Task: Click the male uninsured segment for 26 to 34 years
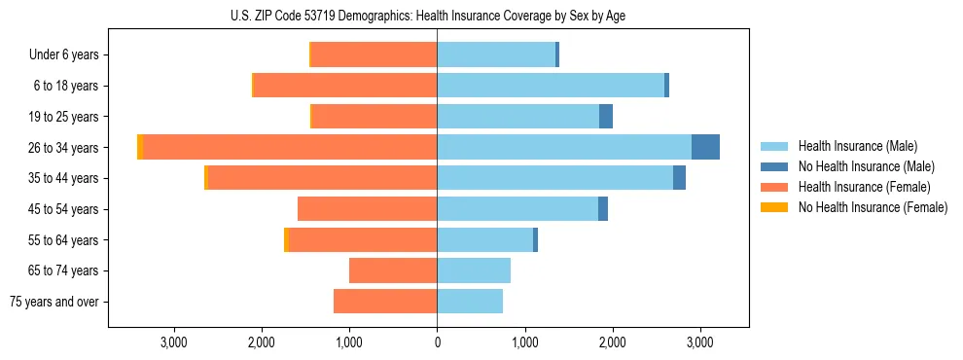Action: [x=705, y=147]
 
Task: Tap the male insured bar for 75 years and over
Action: [x=470, y=302]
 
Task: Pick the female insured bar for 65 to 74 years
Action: [x=393, y=270]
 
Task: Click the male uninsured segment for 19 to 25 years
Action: [x=606, y=117]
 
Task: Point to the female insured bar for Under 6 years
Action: [x=374, y=55]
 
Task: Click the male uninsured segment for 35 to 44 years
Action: [x=679, y=178]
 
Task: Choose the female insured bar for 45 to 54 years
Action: [x=367, y=209]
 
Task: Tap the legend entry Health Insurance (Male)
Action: [x=857, y=146]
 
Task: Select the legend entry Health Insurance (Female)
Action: [x=864, y=187]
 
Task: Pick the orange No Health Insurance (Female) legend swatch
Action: [x=774, y=207]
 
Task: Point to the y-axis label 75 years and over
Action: [x=54, y=302]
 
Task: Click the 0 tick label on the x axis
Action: [x=437, y=342]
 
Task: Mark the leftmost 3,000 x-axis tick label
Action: [x=173, y=342]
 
